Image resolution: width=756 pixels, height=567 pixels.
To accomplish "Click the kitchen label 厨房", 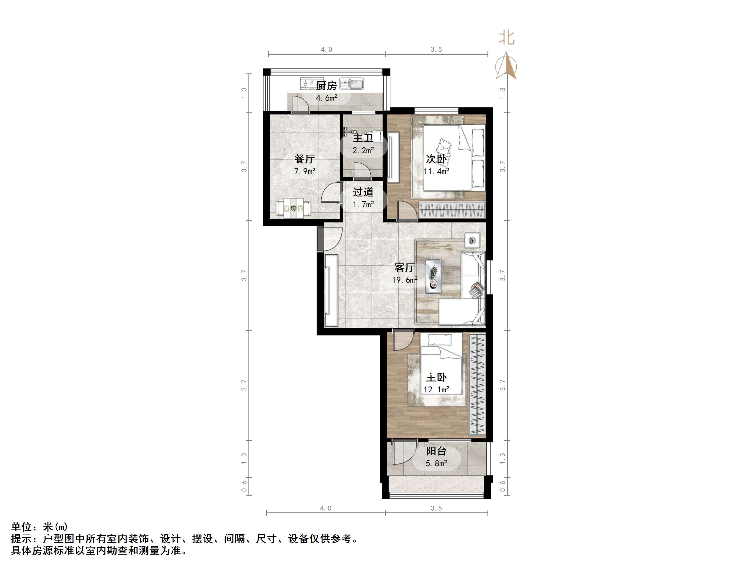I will coord(326,86).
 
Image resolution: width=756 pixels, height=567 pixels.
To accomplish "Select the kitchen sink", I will coord(352,83).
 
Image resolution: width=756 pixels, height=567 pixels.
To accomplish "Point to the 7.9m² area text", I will coord(305,171).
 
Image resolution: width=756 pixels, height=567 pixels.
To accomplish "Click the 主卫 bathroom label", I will coord(363,138).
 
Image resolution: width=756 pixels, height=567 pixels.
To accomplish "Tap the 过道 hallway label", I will coord(363,192).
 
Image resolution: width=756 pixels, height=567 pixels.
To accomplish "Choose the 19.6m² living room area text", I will coord(405,280).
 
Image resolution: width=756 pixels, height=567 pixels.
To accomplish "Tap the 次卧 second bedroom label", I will coord(436,159).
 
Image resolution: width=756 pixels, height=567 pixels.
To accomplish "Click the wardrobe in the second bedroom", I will coord(452,209).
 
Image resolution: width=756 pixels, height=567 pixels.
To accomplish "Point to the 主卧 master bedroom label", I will coord(436,377).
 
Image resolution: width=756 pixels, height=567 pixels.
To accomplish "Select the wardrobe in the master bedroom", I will coord(477,384).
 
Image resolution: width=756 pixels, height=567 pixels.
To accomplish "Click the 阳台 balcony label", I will coord(436,451).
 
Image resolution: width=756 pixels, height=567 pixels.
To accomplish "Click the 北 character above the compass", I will coord(506,37).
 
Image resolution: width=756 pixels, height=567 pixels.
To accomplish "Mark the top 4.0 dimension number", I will coord(326,50).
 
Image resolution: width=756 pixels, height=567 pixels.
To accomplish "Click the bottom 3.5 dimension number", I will coord(436,508).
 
